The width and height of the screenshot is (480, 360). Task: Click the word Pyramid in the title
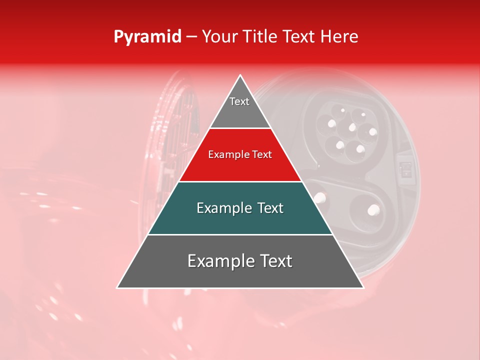pyautogui.click(x=147, y=37)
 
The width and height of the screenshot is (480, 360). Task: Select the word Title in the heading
pyautogui.click(x=262, y=36)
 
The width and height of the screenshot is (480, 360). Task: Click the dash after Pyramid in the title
pyautogui.click(x=191, y=37)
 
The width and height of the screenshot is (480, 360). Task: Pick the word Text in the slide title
pyautogui.click(x=299, y=36)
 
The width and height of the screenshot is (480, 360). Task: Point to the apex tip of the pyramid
pyautogui.click(x=240, y=76)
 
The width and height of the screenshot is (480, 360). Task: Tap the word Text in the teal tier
pyautogui.click(x=270, y=208)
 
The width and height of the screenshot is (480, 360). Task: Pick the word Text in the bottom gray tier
pyautogui.click(x=276, y=261)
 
